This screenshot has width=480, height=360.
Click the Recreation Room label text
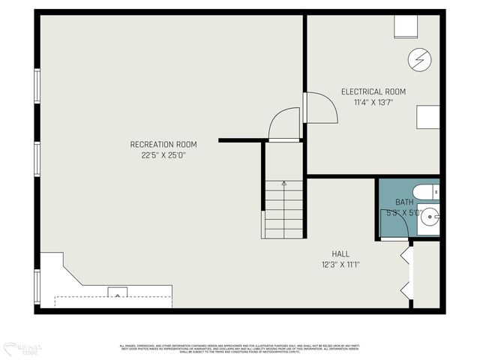(x=163, y=145)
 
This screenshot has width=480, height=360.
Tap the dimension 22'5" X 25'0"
(x=163, y=155)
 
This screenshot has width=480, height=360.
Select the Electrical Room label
(x=373, y=91)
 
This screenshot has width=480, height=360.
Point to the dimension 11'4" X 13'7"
(x=373, y=102)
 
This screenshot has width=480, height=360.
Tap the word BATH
(x=404, y=202)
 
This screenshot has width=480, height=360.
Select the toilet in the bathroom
(x=428, y=193)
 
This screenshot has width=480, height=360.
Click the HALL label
(x=340, y=253)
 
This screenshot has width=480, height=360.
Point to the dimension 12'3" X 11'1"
(x=340, y=264)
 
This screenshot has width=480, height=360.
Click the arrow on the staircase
(x=283, y=183)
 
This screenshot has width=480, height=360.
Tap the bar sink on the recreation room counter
(x=117, y=292)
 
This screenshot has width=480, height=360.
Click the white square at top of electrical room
(x=408, y=26)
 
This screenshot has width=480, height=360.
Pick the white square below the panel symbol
(x=428, y=118)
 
